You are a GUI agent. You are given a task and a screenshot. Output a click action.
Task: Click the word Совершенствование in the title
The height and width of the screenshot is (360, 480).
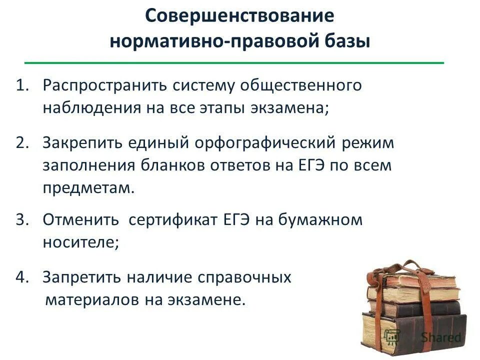[x=239, y=15]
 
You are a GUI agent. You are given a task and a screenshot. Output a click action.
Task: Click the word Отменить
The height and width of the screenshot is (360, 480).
[x=80, y=220]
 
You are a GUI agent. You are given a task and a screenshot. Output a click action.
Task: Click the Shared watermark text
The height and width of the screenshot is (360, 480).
[x=440, y=336]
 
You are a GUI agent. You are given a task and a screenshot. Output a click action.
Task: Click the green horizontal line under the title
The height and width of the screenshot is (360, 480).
[x=234, y=63]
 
